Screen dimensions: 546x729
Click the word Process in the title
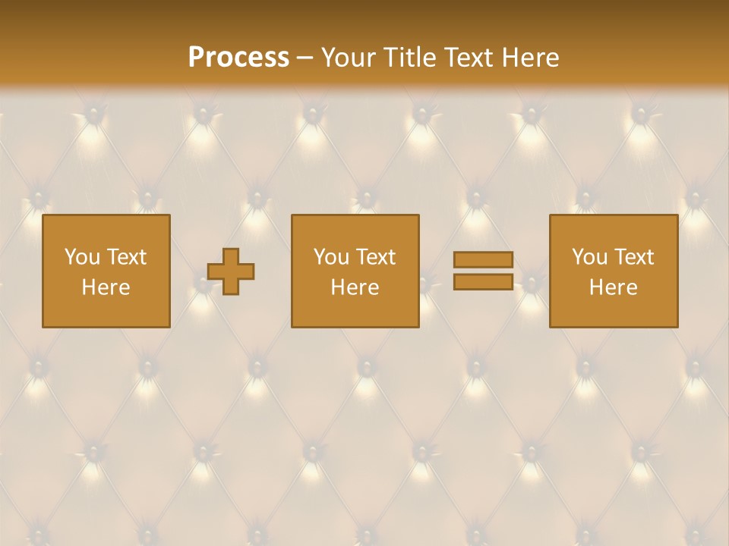coord(238,58)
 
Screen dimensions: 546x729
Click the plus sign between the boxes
coord(231,271)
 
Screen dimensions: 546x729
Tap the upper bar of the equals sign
coord(483,260)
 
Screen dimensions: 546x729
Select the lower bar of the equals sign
coord(483,281)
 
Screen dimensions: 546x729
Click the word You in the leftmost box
coord(81,257)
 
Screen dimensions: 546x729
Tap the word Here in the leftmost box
coord(106,287)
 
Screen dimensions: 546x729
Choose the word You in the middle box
coord(331,257)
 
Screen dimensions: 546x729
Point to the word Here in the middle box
coord(355,287)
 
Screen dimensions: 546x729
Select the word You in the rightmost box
coord(589,257)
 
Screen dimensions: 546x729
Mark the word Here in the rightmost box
coord(614,287)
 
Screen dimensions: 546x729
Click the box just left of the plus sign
coord(106,311)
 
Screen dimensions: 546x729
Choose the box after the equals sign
coord(614,311)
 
